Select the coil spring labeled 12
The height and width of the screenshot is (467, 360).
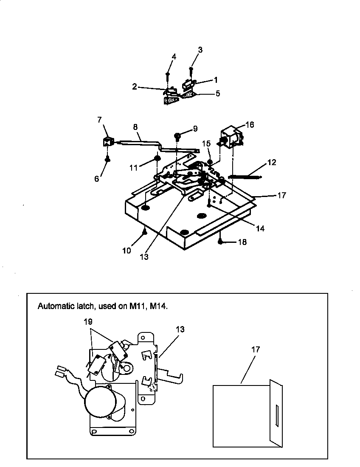click(245, 176)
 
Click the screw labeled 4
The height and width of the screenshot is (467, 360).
click(168, 75)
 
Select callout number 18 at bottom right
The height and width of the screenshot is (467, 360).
click(242, 242)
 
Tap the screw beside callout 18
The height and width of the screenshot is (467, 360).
click(221, 242)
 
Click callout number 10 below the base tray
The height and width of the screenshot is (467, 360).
click(127, 250)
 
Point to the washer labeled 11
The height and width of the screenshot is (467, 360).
click(157, 158)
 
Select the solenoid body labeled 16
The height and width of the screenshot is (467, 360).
click(231, 137)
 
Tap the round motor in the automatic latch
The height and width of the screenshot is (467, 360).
click(100, 404)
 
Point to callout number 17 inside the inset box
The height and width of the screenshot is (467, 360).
click(255, 350)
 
